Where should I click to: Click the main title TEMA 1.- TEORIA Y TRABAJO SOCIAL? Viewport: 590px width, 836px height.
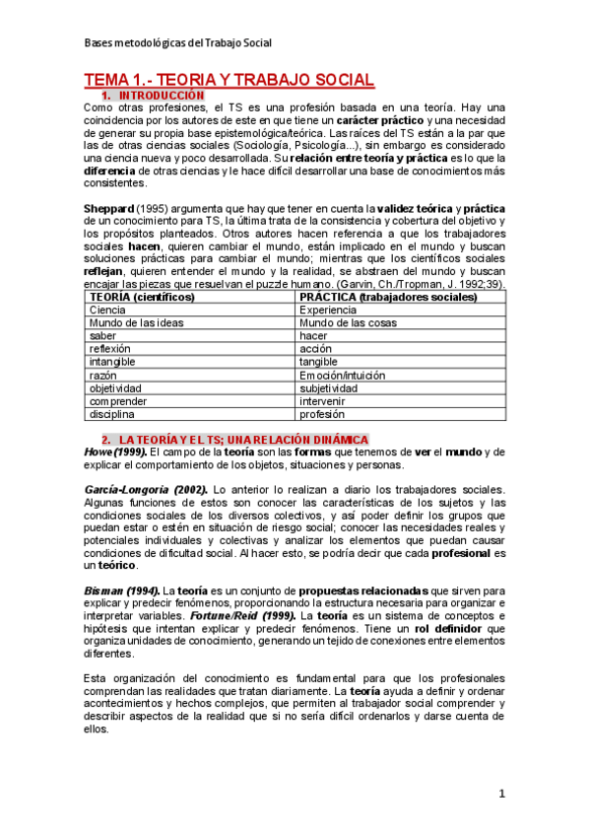pyautogui.click(x=228, y=79)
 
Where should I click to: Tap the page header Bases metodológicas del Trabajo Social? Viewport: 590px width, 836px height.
pyautogui.click(x=177, y=43)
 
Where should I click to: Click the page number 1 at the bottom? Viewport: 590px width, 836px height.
pyautogui.click(x=501, y=794)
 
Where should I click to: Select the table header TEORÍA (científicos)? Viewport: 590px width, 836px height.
pyautogui.click(x=142, y=297)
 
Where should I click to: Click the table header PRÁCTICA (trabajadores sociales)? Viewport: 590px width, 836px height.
pyautogui.click(x=389, y=297)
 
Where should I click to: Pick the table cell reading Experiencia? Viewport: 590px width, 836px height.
pyautogui.click(x=330, y=310)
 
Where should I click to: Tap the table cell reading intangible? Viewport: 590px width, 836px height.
pyautogui.click(x=112, y=362)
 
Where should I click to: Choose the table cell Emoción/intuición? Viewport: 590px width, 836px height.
pyautogui.click(x=348, y=376)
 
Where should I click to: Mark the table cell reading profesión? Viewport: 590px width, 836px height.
pyautogui.click(x=322, y=415)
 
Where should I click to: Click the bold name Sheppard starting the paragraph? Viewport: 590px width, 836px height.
pyautogui.click(x=109, y=209)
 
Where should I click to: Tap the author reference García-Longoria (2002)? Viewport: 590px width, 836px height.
pyautogui.click(x=144, y=490)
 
